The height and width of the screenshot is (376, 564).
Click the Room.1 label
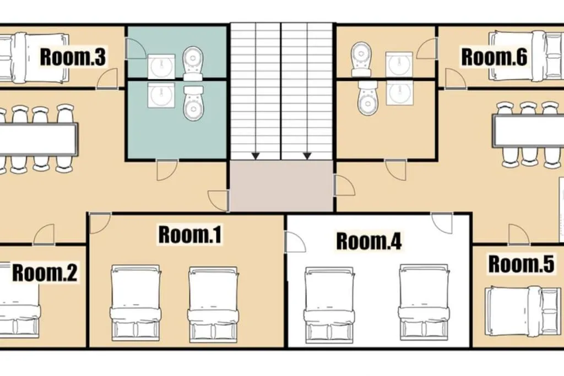(190, 235)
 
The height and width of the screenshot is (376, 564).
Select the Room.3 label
(73, 57)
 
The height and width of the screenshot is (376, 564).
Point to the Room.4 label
(368, 241)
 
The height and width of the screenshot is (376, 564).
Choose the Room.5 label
(521, 264)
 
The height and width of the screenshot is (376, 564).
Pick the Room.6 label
(494, 57)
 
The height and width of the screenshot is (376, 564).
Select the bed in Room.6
(526, 56)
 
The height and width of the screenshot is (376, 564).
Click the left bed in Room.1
(135, 303)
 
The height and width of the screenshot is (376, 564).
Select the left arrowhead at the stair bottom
(256, 156)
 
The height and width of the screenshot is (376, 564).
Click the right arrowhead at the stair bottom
(307, 156)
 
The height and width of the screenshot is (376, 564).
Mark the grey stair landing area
(281, 186)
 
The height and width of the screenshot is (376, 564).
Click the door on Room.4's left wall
(295, 242)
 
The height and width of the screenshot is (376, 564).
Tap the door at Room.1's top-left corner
(100, 223)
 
